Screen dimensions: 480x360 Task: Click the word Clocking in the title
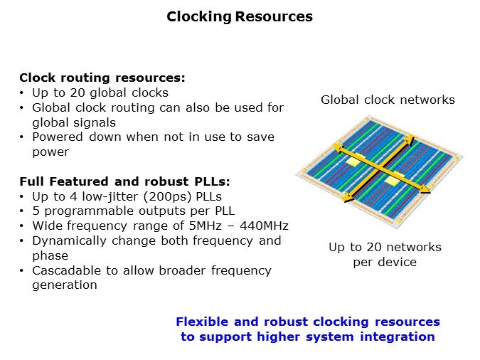pyautogui.click(x=199, y=17)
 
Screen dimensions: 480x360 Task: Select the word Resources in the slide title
pyautogui.click(x=274, y=16)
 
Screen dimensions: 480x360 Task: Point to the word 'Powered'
pyautogui.click(x=58, y=137)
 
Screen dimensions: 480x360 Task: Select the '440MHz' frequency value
pyautogui.click(x=264, y=226)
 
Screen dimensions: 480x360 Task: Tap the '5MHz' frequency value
pyautogui.click(x=205, y=226)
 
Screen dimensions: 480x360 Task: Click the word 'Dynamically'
pyautogui.click(x=69, y=241)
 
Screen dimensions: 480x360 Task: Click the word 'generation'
pyautogui.click(x=65, y=285)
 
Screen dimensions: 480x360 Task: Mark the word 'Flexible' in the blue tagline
pyautogui.click(x=202, y=322)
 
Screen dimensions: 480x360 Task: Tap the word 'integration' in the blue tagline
pyautogui.click(x=398, y=337)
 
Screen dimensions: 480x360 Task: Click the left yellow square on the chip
pyautogui.click(x=353, y=162)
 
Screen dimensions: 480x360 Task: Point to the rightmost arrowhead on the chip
pyautogui.click(x=425, y=191)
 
